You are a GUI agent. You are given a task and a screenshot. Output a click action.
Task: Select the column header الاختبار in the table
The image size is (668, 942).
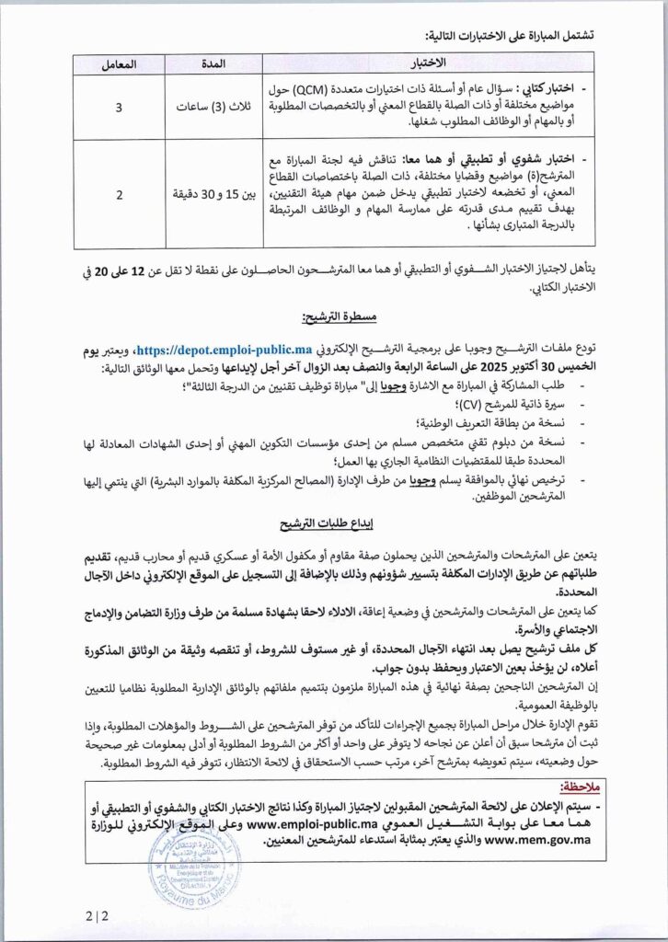click(425, 63)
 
